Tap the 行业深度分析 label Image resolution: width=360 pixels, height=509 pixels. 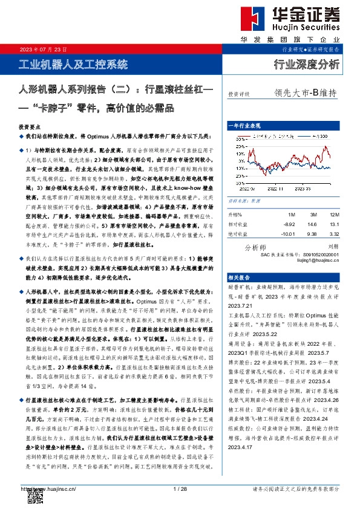[x=307, y=65]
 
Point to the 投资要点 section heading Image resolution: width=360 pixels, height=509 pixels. [x=29, y=128]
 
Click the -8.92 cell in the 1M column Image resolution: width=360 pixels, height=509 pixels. [x=291, y=223]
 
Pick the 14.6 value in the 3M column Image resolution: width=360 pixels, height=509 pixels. [x=312, y=223]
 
